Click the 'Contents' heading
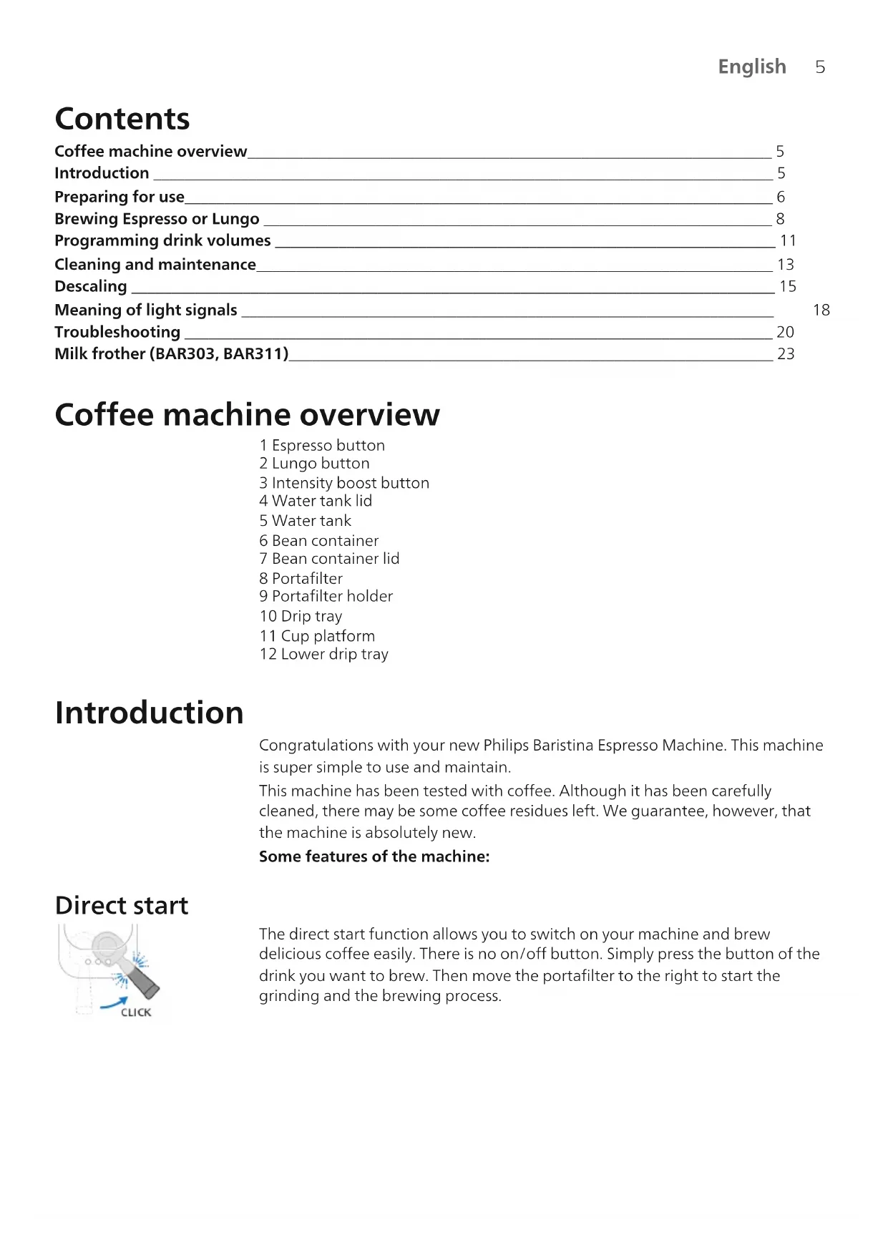click(x=122, y=119)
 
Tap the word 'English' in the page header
click(x=751, y=67)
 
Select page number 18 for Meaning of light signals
click(x=821, y=310)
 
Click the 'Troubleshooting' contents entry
click(x=117, y=332)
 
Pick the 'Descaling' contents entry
click(x=91, y=286)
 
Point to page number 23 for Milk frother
click(x=786, y=354)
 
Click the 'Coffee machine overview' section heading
click(x=247, y=415)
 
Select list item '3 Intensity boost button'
click(x=343, y=483)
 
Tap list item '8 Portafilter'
click(x=301, y=578)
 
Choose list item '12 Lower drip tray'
click(x=323, y=654)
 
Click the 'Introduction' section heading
click(x=149, y=713)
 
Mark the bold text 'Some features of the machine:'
click(x=374, y=856)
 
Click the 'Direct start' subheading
click(x=122, y=906)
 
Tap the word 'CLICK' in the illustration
click(x=136, y=1012)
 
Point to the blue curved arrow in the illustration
click(x=114, y=1003)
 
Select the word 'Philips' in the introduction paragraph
click(x=506, y=746)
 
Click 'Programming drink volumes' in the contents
click(x=162, y=240)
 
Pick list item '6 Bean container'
click(x=318, y=541)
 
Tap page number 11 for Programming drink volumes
click(x=788, y=240)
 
